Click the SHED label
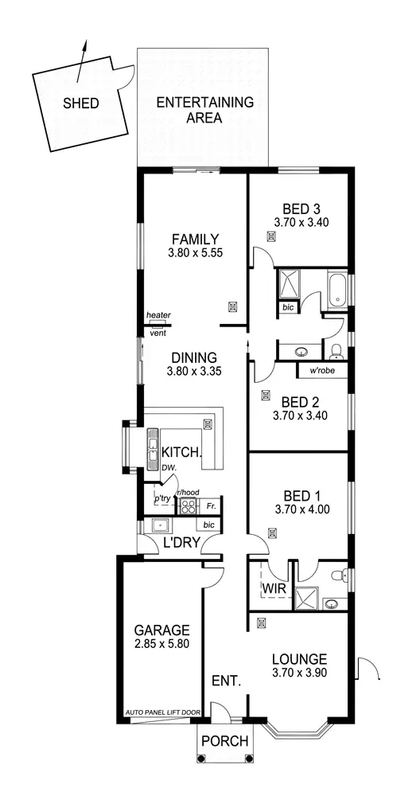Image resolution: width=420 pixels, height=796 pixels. pos(81,103)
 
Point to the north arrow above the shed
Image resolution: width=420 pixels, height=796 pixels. pos(82,58)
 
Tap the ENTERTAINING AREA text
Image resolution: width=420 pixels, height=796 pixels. pos(204,111)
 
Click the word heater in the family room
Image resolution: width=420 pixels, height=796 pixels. pos(157,315)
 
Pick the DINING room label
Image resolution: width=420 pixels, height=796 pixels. pos(193,357)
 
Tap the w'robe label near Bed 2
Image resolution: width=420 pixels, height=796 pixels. pos(321,370)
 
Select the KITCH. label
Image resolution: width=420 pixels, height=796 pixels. pos(182,452)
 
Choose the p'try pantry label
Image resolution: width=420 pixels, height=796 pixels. pos(163,499)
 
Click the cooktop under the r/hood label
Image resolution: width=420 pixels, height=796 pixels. pos(189,505)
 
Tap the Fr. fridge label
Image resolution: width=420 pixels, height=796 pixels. pos(211,505)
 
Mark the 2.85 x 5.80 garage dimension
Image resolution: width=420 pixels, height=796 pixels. pos(162,644)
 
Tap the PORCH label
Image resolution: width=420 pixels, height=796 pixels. pos(224,741)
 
